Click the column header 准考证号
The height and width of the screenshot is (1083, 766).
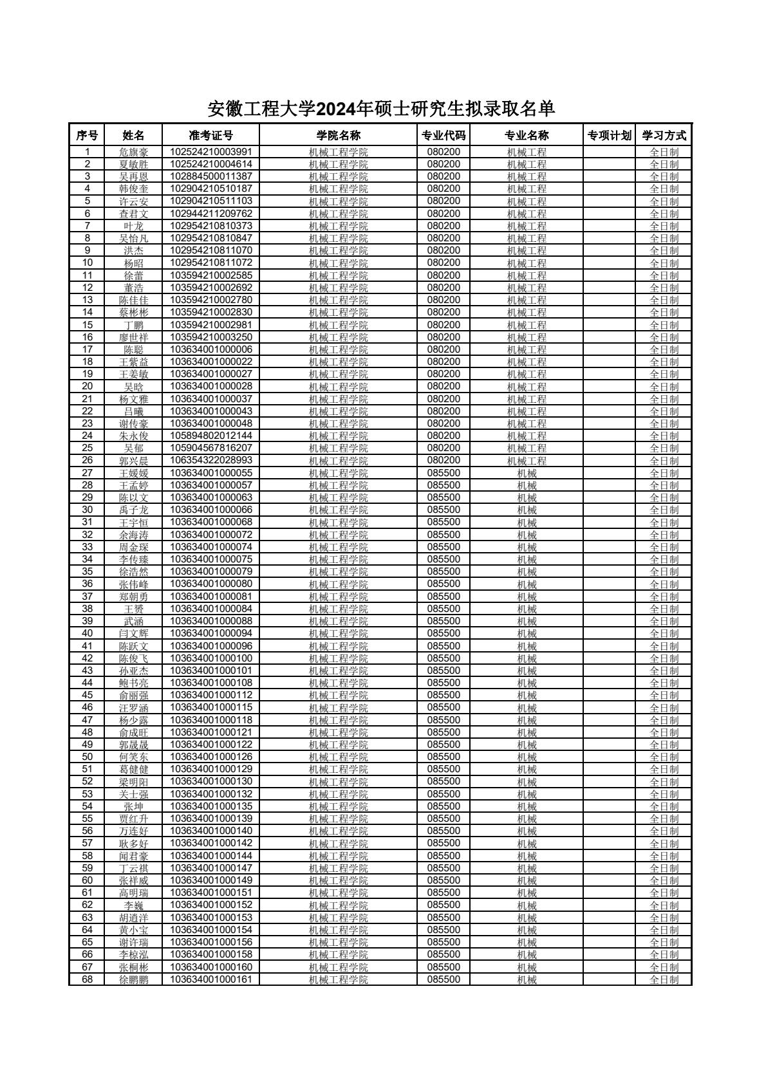(210, 135)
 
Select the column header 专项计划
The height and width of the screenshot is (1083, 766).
(609, 135)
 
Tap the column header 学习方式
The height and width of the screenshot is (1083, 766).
(664, 135)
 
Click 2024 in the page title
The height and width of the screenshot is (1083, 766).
(335, 109)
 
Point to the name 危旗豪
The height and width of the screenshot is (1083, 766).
(133, 153)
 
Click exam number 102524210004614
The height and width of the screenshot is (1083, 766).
(210, 164)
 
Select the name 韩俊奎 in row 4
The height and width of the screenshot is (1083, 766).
(133, 189)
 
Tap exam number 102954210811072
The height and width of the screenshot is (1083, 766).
(210, 263)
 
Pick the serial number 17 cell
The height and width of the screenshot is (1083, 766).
(87, 349)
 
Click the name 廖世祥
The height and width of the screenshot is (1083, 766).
(133, 337)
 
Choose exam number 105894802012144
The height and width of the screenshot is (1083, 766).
(210, 436)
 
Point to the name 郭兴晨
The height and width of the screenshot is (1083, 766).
(133, 461)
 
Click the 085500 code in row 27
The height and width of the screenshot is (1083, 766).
(444, 473)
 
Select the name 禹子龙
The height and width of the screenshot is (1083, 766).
(133, 510)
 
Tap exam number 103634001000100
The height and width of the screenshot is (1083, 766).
(210, 658)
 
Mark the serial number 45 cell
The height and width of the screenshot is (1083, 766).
(87, 695)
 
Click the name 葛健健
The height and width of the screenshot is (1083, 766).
(133, 769)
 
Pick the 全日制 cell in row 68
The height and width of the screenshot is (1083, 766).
(664, 979)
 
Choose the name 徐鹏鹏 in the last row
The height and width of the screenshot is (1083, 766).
(133, 979)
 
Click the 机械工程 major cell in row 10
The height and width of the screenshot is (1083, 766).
(527, 263)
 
